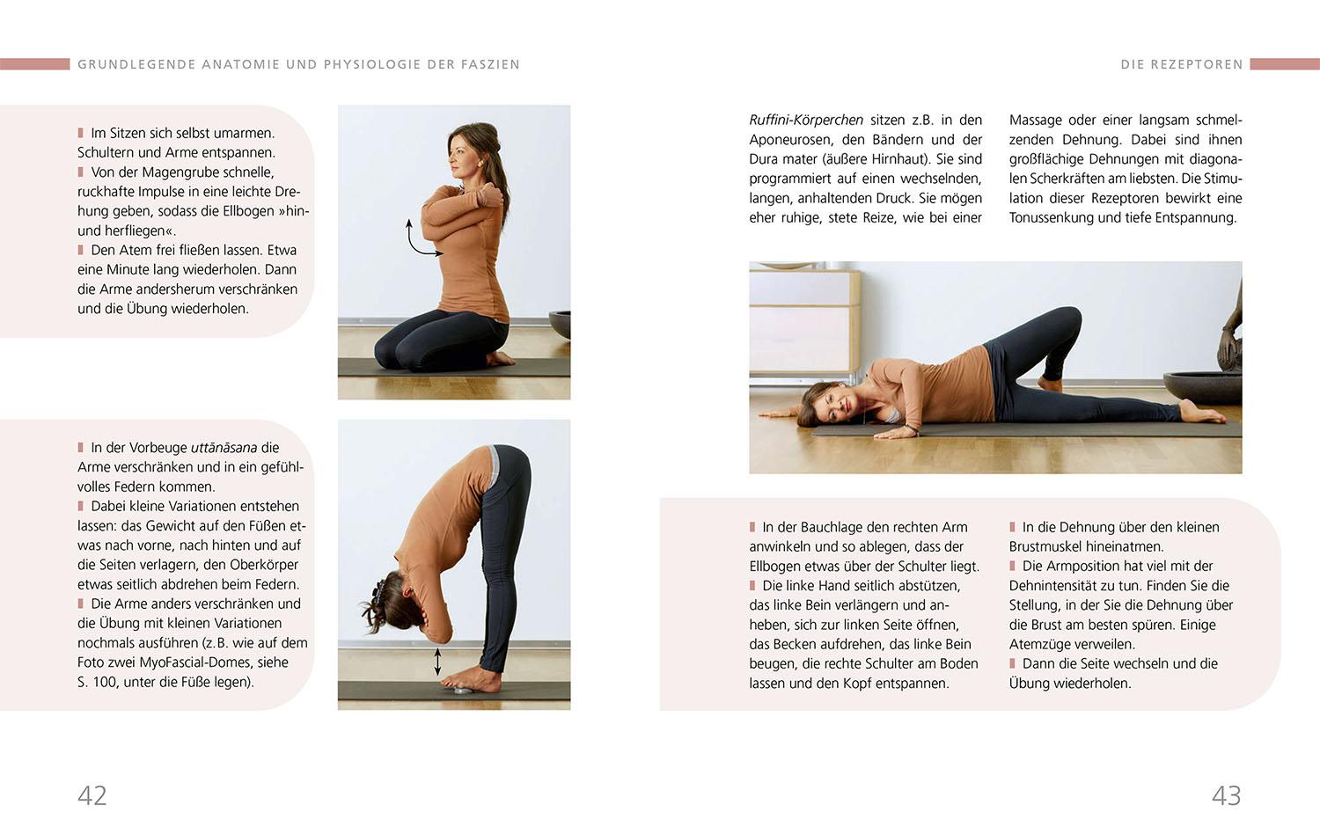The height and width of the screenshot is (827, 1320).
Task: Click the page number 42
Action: [x=92, y=795]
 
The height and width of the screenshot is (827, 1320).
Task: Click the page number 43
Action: [x=1226, y=795]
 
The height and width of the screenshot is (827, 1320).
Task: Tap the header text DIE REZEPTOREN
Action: [x=1181, y=64]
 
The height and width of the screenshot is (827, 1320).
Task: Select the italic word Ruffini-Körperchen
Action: [x=805, y=120]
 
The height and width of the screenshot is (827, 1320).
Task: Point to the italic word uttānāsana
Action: [x=224, y=448]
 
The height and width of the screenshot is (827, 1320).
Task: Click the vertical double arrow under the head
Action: [x=437, y=662]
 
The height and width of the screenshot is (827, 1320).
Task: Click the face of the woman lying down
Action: [x=832, y=406]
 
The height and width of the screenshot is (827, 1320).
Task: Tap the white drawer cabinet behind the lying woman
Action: [x=803, y=321]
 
